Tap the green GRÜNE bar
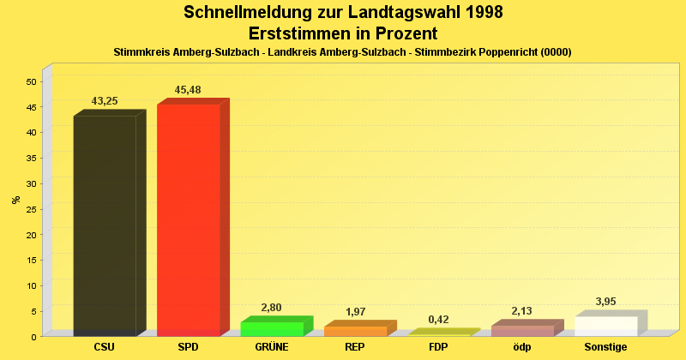click(x=271, y=328)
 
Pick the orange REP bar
click(x=355, y=331)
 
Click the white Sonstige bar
click(x=606, y=326)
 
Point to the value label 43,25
click(x=105, y=101)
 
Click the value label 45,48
click(x=188, y=90)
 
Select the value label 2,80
click(x=271, y=307)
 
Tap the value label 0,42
click(x=438, y=320)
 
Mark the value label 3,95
click(x=606, y=302)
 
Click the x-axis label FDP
click(x=438, y=347)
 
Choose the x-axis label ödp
click(x=522, y=347)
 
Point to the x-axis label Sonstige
click(x=606, y=347)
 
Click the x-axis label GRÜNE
click(x=271, y=347)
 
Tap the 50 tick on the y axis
click(x=31, y=81)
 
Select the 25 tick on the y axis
click(x=31, y=209)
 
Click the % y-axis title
click(x=15, y=200)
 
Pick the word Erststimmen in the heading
click(x=296, y=33)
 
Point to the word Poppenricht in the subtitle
click(x=502, y=52)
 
